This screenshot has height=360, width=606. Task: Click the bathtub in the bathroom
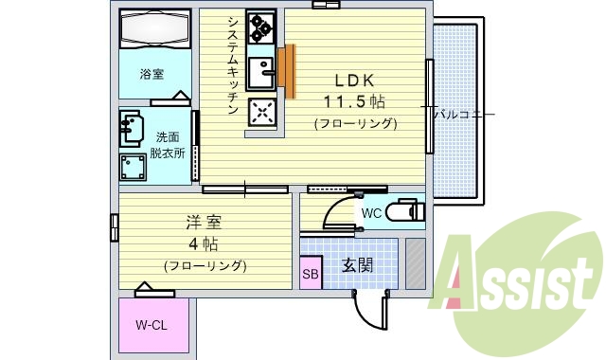click(154, 31)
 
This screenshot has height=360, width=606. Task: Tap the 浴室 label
click(152, 73)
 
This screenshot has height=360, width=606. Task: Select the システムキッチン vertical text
click(231, 64)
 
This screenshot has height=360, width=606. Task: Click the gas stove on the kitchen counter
click(259, 31)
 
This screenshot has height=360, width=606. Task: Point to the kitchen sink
click(259, 72)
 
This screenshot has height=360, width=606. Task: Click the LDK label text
click(350, 81)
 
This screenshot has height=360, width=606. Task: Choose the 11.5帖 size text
click(355, 101)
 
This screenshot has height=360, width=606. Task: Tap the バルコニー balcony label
click(464, 115)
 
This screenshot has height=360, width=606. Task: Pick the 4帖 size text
click(203, 243)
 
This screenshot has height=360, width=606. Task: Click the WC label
click(371, 214)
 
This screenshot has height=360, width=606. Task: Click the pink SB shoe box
click(311, 276)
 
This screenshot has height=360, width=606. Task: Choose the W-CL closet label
click(151, 326)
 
